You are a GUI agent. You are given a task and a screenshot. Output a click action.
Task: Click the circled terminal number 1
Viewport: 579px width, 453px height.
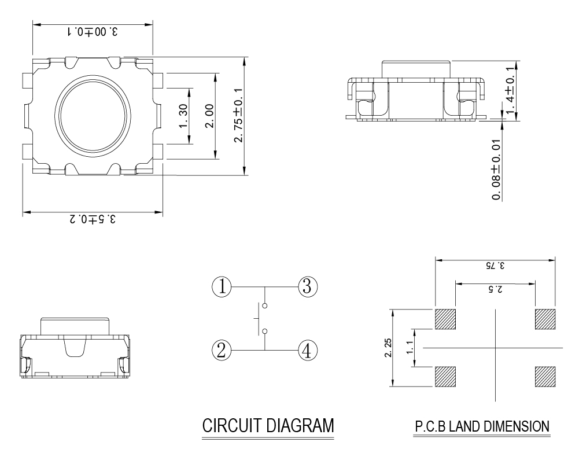pyautogui.click(x=222, y=286)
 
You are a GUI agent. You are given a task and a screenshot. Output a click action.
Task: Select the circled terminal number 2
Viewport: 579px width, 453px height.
pyautogui.click(x=222, y=350)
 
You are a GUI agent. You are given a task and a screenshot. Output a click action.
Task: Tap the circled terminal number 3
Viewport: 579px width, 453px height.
pyautogui.click(x=308, y=286)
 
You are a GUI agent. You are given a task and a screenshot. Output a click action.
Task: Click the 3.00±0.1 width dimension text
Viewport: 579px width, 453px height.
pyautogui.click(x=93, y=32)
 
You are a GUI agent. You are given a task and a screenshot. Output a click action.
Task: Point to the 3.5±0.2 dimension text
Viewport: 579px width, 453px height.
pyautogui.click(x=93, y=219)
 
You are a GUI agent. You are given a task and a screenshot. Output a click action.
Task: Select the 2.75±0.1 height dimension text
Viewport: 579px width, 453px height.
pyautogui.click(x=239, y=115)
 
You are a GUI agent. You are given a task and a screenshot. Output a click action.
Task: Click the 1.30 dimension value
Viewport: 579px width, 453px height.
pyautogui.click(x=183, y=116)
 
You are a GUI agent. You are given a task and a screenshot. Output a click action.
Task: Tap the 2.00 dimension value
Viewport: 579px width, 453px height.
pyautogui.click(x=209, y=116)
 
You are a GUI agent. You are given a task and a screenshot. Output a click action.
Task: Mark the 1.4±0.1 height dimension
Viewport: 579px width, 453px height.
pyautogui.click(x=510, y=90)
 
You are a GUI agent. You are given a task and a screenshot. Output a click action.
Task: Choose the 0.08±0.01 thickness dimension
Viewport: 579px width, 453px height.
pyautogui.click(x=497, y=170)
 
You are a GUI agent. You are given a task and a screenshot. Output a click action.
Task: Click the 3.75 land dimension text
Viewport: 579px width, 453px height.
pyautogui.click(x=495, y=265)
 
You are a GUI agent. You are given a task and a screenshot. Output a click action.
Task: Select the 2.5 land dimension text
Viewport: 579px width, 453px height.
pyautogui.click(x=495, y=289)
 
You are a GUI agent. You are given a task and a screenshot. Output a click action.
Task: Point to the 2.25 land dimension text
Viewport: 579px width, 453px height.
pyautogui.click(x=388, y=348)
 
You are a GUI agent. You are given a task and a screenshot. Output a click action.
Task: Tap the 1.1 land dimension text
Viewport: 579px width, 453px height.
pyautogui.click(x=410, y=348)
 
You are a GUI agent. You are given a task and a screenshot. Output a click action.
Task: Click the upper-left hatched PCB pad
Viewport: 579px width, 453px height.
pyautogui.click(x=445, y=319)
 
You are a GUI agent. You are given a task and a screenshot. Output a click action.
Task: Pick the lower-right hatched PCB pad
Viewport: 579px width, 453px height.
pyautogui.click(x=545, y=377)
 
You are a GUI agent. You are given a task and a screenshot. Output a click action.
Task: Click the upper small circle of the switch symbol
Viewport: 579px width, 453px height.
pyautogui.click(x=264, y=305)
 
